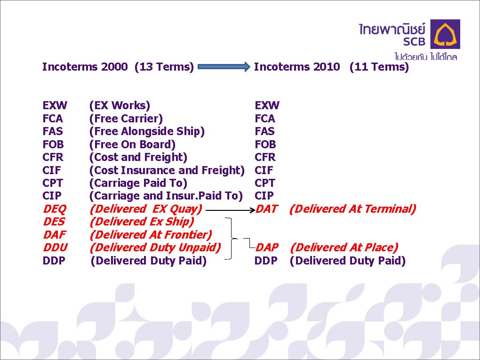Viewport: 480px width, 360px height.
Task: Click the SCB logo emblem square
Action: coord(445,34)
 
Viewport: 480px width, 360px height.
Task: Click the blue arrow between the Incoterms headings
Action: coord(224,66)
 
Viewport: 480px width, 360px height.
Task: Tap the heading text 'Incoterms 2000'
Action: coord(85,66)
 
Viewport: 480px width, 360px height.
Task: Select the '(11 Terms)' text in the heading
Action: coord(379,66)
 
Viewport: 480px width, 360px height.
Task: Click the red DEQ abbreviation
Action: coord(55,209)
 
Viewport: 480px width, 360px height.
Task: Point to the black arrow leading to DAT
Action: coord(231,210)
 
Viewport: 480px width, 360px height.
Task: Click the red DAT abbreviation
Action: coord(267,209)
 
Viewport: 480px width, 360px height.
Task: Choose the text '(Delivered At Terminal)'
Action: coord(352,209)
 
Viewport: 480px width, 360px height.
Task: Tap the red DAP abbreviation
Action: coord(267,248)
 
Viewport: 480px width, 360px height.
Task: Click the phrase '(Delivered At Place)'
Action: coord(344,248)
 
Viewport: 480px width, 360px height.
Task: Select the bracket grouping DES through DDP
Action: coord(231,239)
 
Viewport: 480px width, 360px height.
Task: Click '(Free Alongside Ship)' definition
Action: coord(147,131)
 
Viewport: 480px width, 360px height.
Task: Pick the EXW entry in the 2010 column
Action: coord(267,105)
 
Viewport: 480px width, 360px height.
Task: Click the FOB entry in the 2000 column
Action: coord(53,144)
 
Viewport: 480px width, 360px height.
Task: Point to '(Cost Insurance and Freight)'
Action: coord(167,170)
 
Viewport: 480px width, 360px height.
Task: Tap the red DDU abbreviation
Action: coord(56,248)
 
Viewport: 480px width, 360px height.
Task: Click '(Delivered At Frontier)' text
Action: coord(151,235)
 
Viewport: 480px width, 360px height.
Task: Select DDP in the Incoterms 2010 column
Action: coord(266,261)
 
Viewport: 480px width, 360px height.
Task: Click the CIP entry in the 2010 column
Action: coord(264,196)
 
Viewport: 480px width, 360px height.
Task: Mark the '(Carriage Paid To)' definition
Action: coord(138,183)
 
